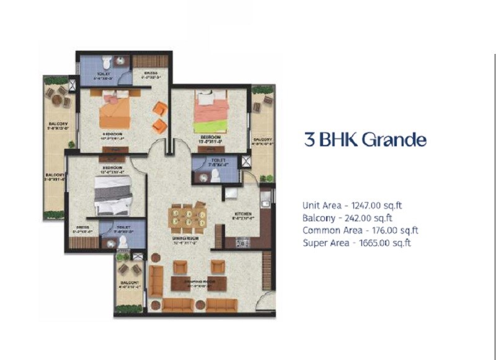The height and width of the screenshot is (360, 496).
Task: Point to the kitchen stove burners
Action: [242, 243]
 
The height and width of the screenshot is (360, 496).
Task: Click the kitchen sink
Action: [265, 200]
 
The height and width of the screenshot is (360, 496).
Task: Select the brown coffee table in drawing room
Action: [193, 283]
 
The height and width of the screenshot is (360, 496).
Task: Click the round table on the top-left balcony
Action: [55, 99]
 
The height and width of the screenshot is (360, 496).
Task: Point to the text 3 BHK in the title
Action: [329, 139]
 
